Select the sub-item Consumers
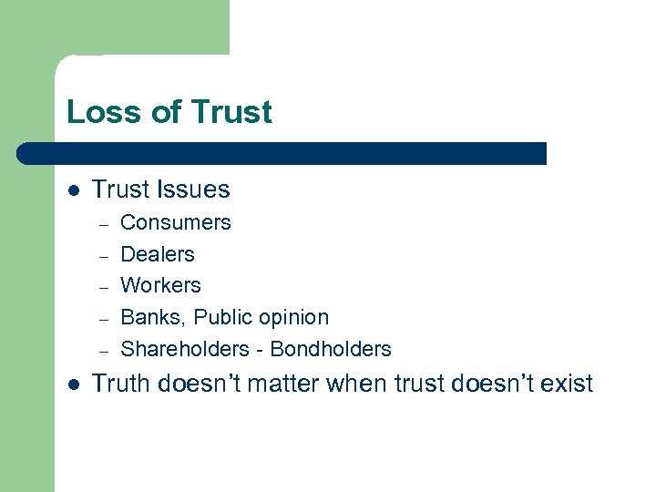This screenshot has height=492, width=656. pyautogui.click(x=176, y=222)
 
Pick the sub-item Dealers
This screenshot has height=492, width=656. pyautogui.click(x=158, y=254)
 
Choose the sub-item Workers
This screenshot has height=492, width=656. pyautogui.click(x=160, y=285)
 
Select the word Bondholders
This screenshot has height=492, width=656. pyautogui.click(x=331, y=349)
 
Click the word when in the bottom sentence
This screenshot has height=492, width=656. pyautogui.click(x=356, y=384)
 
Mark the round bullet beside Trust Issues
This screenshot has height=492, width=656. pyautogui.click(x=73, y=190)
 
